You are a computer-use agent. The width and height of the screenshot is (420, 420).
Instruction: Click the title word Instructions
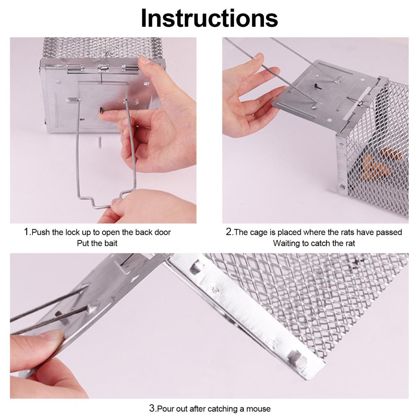click(x=209, y=18)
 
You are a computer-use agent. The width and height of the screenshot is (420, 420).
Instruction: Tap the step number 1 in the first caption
click(x=26, y=232)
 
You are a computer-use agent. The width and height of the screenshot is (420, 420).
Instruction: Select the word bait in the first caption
click(x=111, y=243)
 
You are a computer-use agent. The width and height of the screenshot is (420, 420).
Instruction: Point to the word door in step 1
click(x=162, y=232)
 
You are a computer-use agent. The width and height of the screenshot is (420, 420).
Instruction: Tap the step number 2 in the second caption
click(x=229, y=232)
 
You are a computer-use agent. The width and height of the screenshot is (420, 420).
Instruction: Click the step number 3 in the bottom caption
click(x=152, y=408)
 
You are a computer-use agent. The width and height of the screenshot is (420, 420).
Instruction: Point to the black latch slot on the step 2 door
click(x=316, y=86)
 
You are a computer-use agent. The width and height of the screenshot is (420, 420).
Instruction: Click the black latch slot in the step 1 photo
click(x=101, y=110)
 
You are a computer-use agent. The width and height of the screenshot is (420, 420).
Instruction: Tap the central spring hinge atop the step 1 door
click(x=103, y=68)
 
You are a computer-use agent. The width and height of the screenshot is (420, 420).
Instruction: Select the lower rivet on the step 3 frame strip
click(x=296, y=358)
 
